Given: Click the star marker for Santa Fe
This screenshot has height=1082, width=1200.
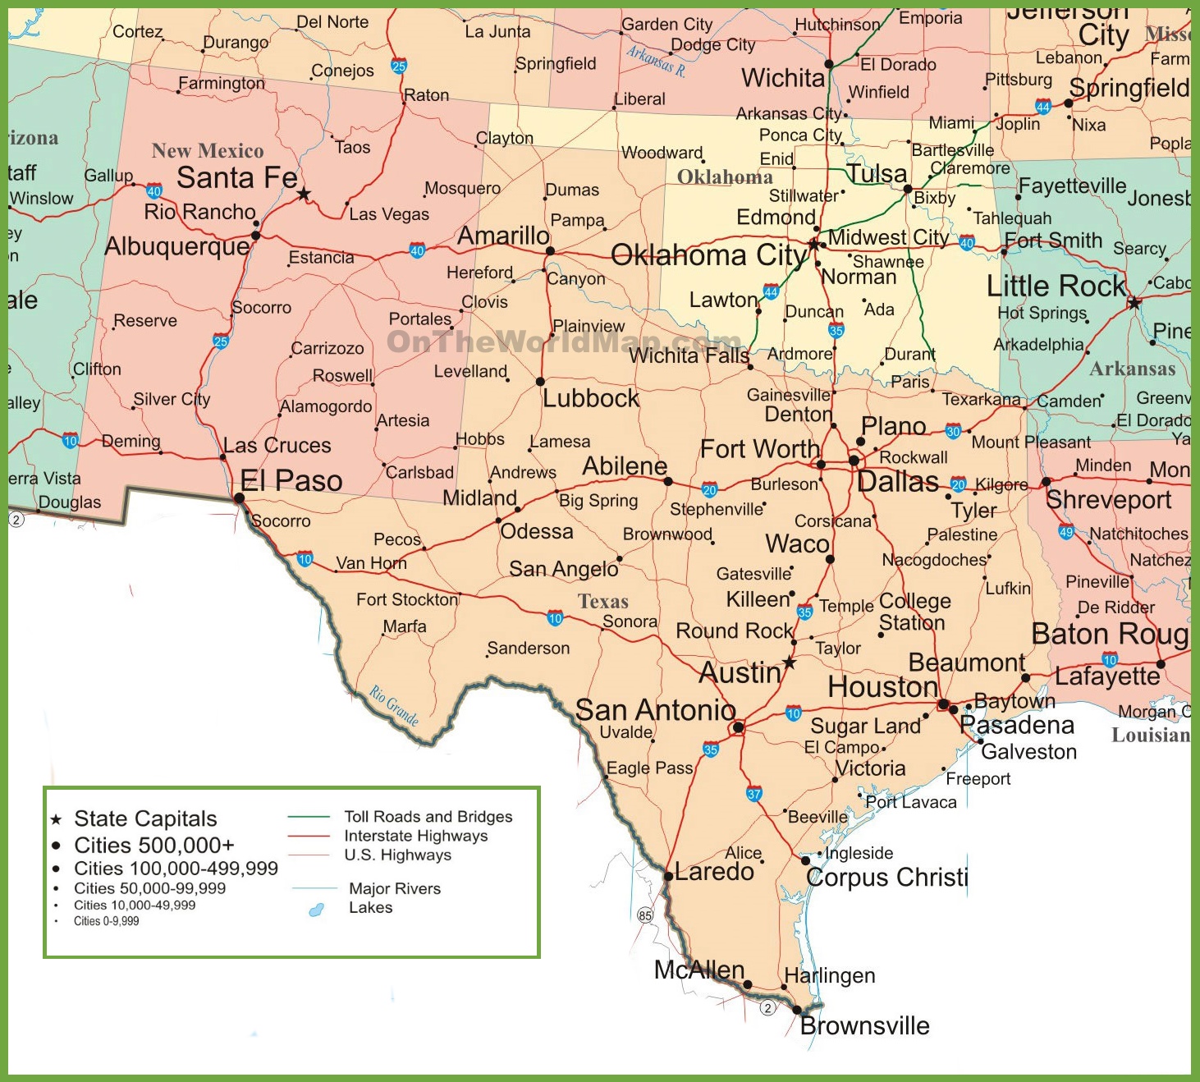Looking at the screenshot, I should point(304,194).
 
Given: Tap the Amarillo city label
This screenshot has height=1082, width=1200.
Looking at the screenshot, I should point(503,236).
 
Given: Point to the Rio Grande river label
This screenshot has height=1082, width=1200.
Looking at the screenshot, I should point(394,705).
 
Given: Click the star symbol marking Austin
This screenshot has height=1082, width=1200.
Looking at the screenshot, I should point(789,662).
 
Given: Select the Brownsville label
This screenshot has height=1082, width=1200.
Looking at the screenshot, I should point(864,1026).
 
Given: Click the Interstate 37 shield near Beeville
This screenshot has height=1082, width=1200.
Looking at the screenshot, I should point(754,794).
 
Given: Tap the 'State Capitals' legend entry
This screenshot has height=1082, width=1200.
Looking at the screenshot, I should point(145,818).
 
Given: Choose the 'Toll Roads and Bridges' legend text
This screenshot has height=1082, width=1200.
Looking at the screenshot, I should point(428,817).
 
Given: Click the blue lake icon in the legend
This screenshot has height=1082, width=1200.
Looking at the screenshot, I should point(316,910).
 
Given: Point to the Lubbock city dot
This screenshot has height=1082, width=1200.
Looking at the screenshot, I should point(540,382).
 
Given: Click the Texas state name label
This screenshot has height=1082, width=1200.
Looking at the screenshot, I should point(603,602).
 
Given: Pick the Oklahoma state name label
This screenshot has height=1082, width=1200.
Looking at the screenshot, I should point(725,177).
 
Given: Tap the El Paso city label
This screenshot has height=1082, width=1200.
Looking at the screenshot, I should point(291,481).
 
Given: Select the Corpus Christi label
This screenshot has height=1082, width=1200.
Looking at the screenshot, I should point(886,878).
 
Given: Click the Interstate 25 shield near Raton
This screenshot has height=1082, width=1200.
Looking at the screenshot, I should point(399,66).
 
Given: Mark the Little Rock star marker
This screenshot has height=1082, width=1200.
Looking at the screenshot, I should point(1134,303).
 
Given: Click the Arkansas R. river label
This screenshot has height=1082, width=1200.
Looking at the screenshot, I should point(656,60).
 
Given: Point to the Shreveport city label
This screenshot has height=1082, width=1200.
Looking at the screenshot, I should point(1108,500).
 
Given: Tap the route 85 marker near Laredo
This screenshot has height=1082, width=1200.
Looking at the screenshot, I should point(645,915).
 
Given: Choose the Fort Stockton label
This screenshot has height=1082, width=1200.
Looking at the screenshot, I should point(407,600).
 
